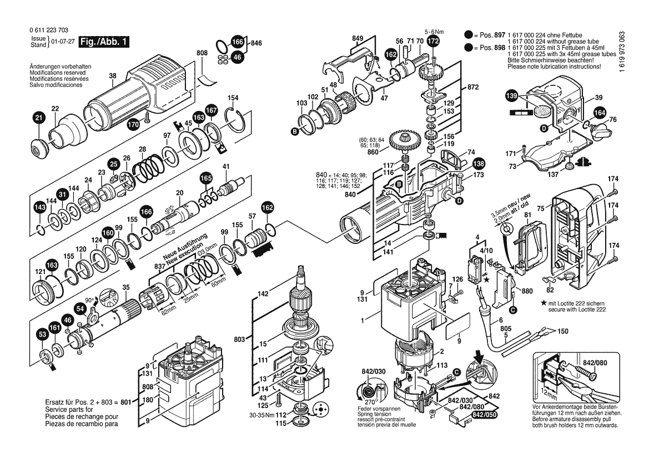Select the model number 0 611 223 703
pos(49,31)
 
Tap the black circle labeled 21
pos(38,118)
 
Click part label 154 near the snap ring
pos(233,98)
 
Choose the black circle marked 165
pos(205,179)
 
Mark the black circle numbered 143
pos(39,208)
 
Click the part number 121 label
pos(40,272)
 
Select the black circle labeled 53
pos(42,334)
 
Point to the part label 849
pos(358,38)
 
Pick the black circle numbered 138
pos(478,164)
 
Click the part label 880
pos(527,291)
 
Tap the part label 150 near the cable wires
pos(562,331)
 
